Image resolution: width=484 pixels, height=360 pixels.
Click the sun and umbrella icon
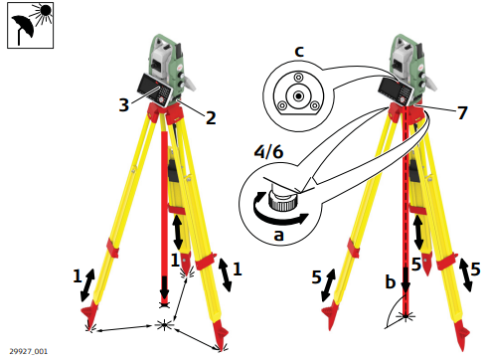click(x=31, y=25)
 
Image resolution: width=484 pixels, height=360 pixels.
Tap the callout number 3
click(x=123, y=104)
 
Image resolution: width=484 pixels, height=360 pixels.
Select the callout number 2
click(x=211, y=117)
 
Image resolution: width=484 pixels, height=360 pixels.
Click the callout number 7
click(x=462, y=112)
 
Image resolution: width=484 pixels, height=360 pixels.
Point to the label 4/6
click(x=268, y=152)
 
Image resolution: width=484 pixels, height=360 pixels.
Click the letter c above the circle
click(x=299, y=52)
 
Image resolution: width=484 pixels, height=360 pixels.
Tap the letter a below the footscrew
click(x=279, y=235)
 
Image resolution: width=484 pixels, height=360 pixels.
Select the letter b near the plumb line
click(x=391, y=281)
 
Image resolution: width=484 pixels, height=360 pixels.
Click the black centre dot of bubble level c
click(x=299, y=96)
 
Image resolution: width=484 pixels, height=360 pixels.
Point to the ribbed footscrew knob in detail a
click(x=283, y=203)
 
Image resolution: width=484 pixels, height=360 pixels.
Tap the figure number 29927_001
click(x=29, y=351)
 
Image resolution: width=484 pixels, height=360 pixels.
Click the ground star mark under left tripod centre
click(x=164, y=324)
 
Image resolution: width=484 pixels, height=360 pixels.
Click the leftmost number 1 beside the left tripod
click(x=77, y=275)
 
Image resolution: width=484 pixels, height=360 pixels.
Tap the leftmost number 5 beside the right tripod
click(x=317, y=276)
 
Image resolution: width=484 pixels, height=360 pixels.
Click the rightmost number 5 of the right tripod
click(x=475, y=269)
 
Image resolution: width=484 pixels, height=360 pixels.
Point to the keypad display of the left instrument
click(x=155, y=89)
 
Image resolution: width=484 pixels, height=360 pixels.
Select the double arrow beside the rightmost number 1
click(x=225, y=274)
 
